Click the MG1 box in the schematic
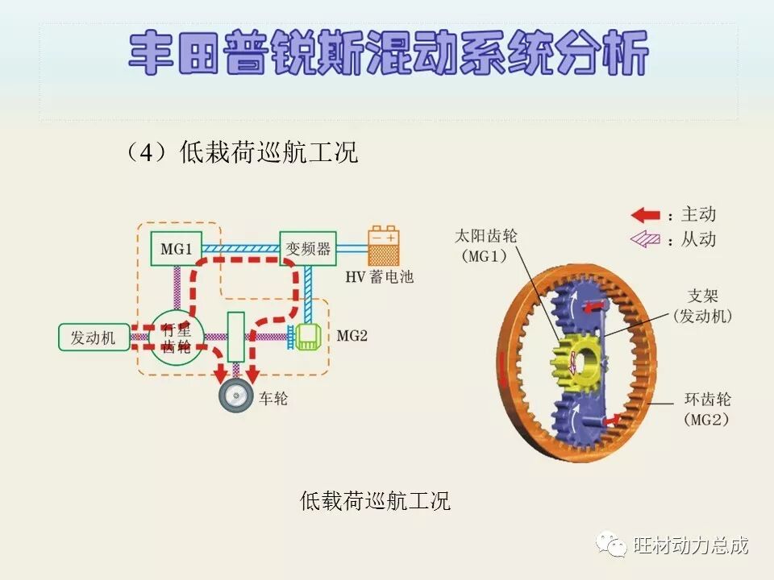click(176, 248)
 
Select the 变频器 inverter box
click(307, 248)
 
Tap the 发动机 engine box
click(93, 338)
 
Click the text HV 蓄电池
click(379, 277)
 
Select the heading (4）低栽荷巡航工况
click(240, 152)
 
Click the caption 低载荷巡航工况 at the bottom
click(375, 501)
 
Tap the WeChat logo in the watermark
click(611, 545)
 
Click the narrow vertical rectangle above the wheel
click(236, 337)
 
